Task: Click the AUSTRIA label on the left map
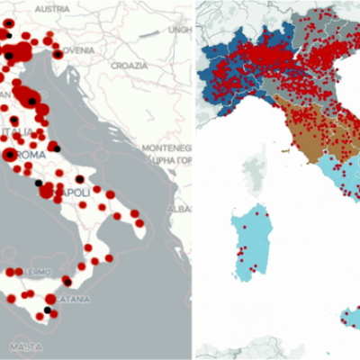(x=52, y=8)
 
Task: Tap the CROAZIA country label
(x=129, y=66)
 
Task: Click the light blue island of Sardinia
(x=248, y=238)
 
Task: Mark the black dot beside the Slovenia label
(x=58, y=55)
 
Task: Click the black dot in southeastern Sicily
(x=48, y=310)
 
